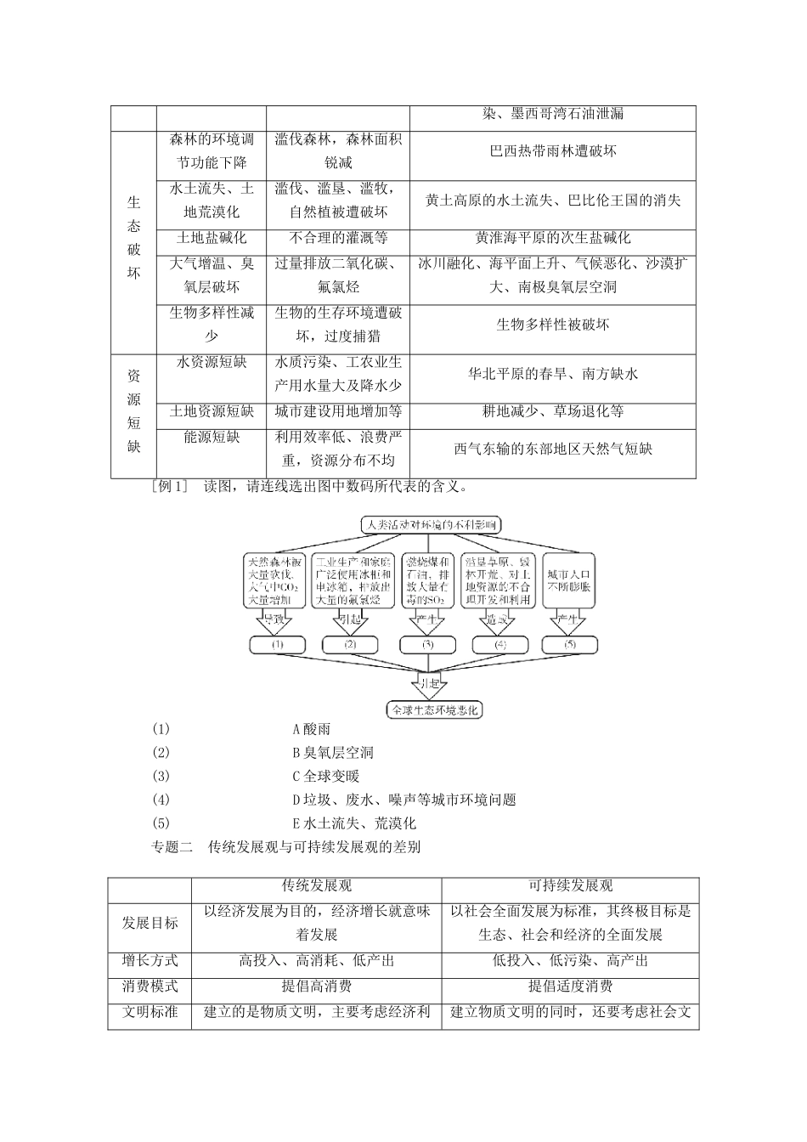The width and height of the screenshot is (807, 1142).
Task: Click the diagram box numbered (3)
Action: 427,645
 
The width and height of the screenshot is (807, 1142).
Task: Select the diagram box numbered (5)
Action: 569,645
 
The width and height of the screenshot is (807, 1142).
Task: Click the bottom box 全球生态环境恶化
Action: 434,709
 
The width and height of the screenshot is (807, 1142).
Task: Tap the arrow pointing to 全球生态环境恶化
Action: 427,682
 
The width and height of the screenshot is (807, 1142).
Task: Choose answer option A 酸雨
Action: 311,729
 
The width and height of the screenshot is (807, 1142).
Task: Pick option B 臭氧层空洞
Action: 332,753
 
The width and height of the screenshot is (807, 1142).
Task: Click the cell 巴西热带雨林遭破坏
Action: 553,151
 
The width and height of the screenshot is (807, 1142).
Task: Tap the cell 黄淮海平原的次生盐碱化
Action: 553,238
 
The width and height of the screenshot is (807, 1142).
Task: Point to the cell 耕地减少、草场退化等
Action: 553,411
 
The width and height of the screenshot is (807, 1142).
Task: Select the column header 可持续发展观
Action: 570,886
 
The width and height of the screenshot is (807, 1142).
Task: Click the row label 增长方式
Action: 150,961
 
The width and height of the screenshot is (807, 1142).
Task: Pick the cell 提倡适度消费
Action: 570,987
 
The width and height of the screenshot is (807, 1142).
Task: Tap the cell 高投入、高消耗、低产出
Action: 316,961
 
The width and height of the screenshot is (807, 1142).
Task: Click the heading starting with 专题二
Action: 285,847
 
